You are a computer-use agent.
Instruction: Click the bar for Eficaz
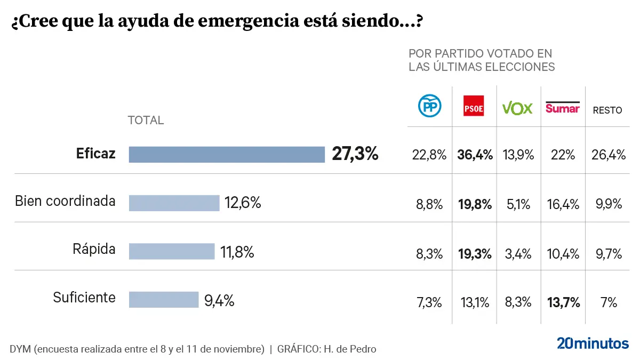tap(227, 155)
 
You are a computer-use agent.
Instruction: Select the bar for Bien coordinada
tap(174, 203)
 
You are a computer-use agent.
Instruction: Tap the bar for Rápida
tap(171, 251)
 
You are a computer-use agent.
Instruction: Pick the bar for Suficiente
tap(163, 300)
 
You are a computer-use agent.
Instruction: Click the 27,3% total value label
tap(355, 154)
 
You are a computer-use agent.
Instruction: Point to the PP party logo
tap(429, 107)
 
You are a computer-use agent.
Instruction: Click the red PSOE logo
tap(474, 108)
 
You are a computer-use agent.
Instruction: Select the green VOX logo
tap(518, 108)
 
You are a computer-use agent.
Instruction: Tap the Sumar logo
tap(562, 107)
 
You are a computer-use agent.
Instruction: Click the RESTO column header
tap(607, 110)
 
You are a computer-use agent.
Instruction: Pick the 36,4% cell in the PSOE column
tap(474, 155)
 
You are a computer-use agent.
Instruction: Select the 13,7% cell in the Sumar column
tap(563, 302)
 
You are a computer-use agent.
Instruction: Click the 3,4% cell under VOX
tap(518, 254)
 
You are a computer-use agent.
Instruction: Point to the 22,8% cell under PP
tap(429, 155)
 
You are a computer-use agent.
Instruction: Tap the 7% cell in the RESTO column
tap(608, 302)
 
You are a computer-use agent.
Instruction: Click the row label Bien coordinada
tap(65, 201)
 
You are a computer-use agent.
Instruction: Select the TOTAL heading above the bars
tap(146, 121)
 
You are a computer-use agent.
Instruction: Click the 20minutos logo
tap(593, 343)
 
